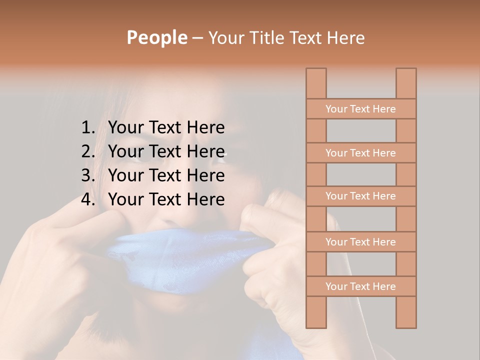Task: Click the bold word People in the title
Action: coord(157,38)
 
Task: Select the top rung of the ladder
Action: coord(360,109)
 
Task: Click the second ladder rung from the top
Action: coord(360,153)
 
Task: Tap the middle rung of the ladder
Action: coord(360,196)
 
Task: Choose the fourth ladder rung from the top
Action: coord(360,242)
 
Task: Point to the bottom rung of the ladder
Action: coord(360,286)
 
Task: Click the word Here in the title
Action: coord(346,38)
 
